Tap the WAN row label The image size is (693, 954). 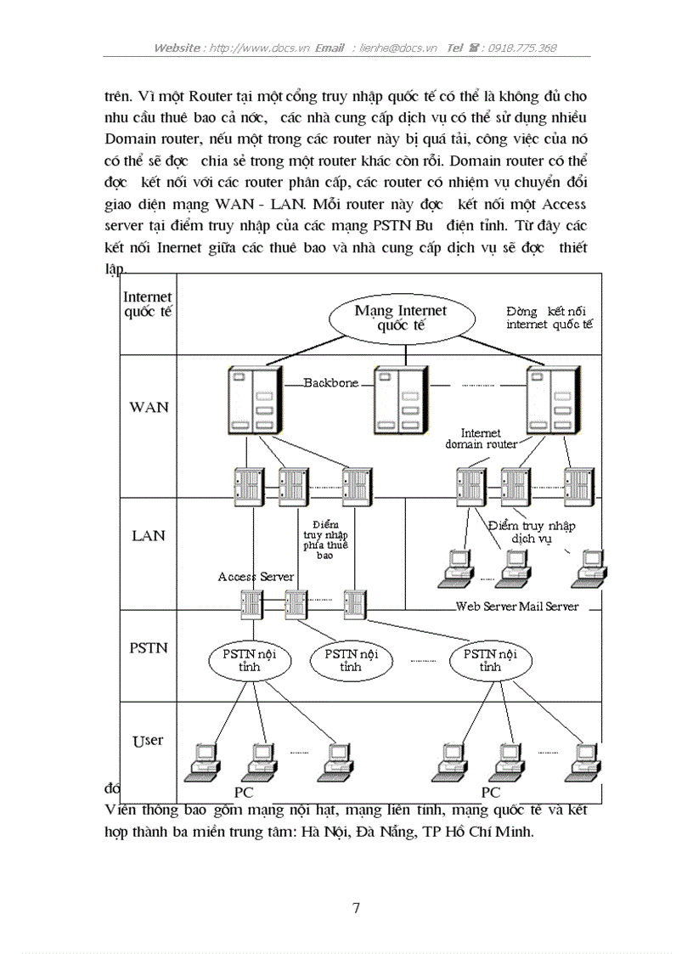[x=149, y=407]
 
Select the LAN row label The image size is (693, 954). [x=148, y=536]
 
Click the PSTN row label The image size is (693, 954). [x=148, y=648]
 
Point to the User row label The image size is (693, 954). [x=148, y=741]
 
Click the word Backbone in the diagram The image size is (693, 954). [x=330, y=383]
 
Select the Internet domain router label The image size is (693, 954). [x=481, y=438]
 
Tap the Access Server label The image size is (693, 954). [x=256, y=577]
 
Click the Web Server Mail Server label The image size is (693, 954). [x=517, y=606]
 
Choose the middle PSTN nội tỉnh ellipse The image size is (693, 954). [x=351, y=660]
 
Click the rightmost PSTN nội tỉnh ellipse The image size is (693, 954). [x=489, y=660]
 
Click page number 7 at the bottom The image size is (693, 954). [x=356, y=908]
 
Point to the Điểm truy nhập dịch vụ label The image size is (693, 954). [x=532, y=532]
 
